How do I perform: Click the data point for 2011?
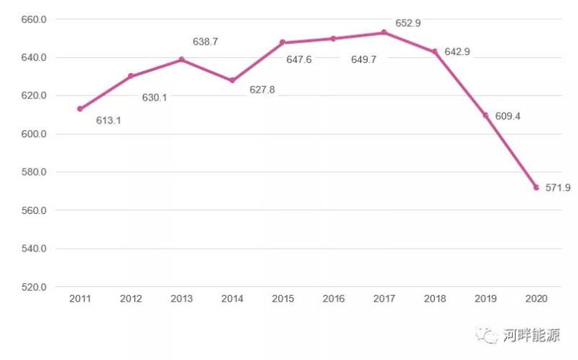(x=80, y=109)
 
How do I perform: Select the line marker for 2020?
(x=536, y=187)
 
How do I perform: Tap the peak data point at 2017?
(x=384, y=33)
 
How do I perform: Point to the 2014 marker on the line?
(x=232, y=80)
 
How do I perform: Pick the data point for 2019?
(x=486, y=116)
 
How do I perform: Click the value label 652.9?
(x=408, y=23)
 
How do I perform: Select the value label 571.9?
(x=558, y=187)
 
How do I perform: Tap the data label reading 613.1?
(x=108, y=121)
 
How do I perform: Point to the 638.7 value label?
(x=205, y=42)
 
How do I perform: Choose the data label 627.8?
(x=262, y=90)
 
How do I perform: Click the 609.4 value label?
(x=506, y=116)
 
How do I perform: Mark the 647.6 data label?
(x=298, y=59)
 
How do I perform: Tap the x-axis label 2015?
(x=282, y=299)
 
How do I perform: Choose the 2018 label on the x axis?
(x=434, y=299)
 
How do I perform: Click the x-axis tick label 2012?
(x=131, y=299)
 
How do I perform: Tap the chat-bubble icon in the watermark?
(x=490, y=335)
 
